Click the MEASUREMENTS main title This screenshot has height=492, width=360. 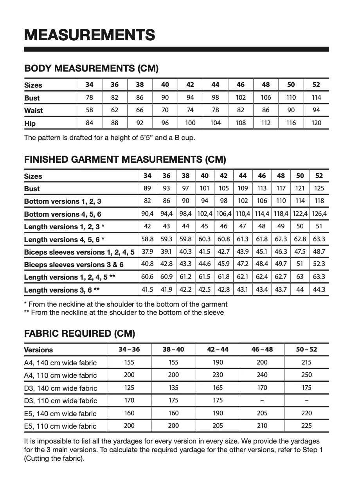coord(90,35)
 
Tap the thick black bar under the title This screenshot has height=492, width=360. coord(176,49)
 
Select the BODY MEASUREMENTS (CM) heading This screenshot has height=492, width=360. coord(91,69)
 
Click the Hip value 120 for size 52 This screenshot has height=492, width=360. coord(316,123)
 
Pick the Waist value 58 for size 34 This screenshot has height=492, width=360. coord(89,110)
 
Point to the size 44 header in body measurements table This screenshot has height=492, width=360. coord(215,85)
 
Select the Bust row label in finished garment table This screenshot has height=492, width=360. coord(32,189)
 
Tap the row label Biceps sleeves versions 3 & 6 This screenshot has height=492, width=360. coord(74,265)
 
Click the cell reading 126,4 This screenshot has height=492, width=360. coord(319,214)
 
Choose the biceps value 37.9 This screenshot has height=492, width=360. coord(147,252)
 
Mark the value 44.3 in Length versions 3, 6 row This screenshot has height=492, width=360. coord(319,290)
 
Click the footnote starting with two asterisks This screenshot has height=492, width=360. coord(124,312)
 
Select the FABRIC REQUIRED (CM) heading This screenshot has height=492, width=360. coord(79,334)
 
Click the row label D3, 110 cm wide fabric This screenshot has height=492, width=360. coord(60,400)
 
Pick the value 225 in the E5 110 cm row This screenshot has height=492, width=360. coord(306,426)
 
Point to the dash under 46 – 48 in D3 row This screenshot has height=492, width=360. coord(262,400)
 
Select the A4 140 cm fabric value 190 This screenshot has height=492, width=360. coord(218,363)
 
